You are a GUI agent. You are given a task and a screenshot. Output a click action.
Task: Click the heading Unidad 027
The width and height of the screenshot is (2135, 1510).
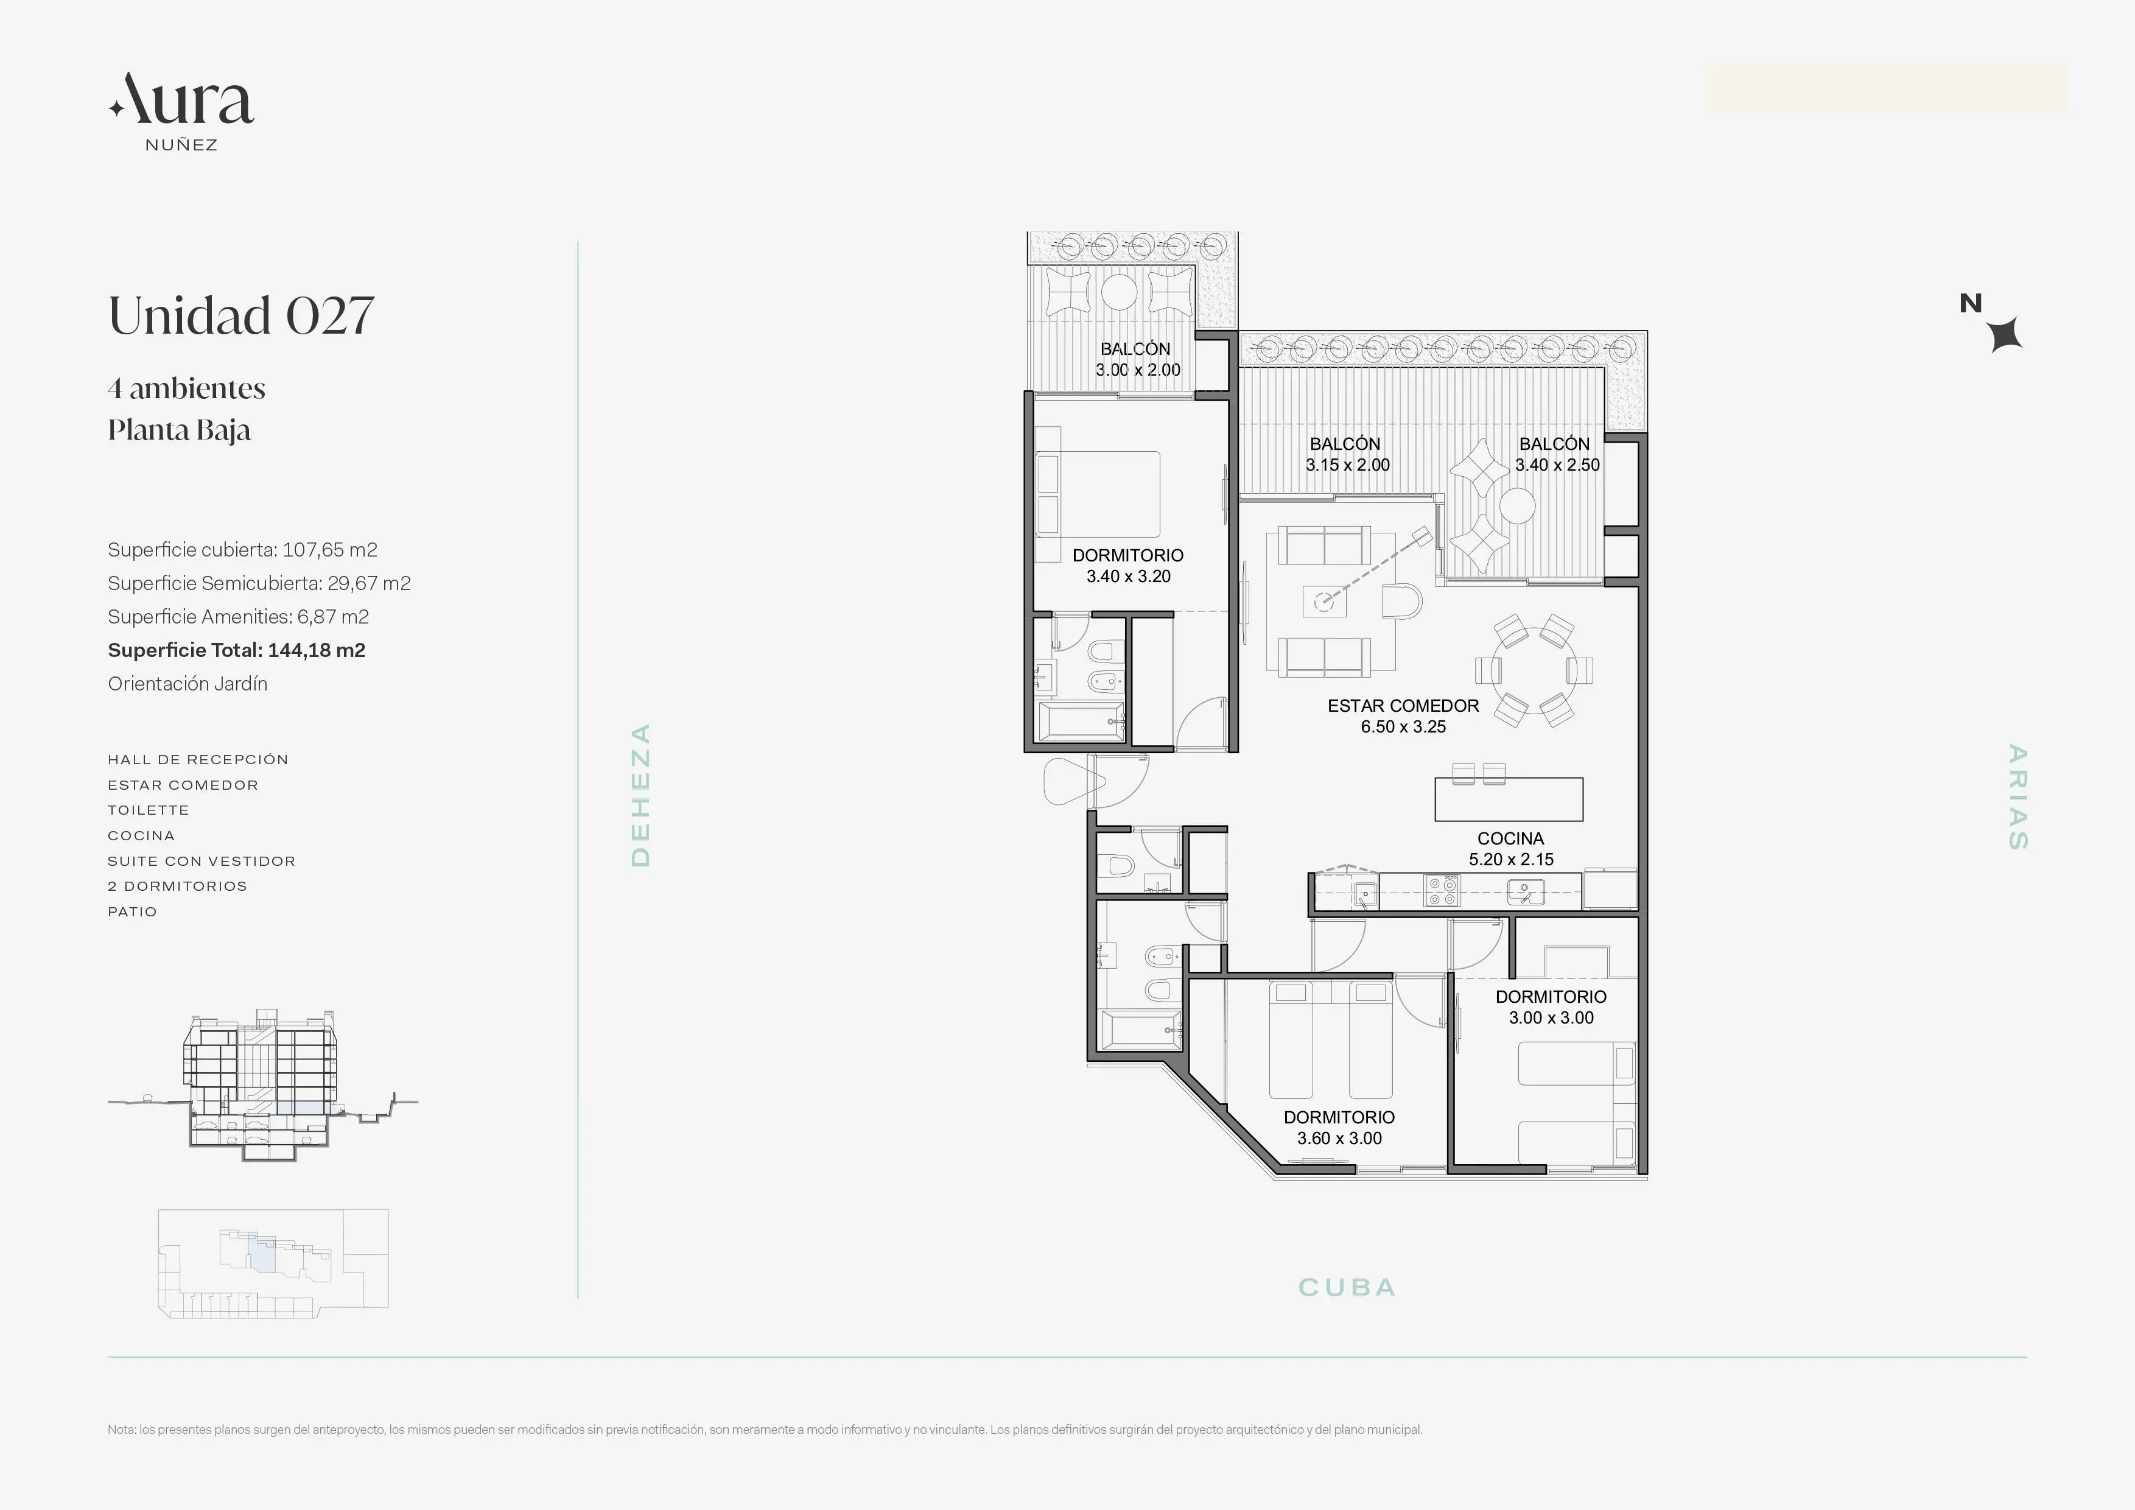(241, 315)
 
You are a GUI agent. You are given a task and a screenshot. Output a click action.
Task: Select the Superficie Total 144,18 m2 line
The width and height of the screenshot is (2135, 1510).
(236, 650)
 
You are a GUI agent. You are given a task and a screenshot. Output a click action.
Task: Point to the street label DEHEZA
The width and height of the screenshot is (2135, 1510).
(640, 795)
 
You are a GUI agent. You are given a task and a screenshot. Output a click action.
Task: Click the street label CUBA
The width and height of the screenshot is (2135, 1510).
(1347, 1288)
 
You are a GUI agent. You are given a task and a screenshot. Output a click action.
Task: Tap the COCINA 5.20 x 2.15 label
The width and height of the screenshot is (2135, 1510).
(1511, 849)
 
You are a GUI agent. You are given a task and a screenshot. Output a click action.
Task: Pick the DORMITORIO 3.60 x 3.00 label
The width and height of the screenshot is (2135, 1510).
(1339, 1128)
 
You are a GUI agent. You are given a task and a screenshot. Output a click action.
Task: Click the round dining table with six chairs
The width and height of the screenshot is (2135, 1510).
(1534, 670)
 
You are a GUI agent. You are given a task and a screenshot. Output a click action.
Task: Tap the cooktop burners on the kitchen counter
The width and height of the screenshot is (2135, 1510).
(1442, 891)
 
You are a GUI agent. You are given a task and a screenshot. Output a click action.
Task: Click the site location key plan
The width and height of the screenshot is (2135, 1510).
(273, 1263)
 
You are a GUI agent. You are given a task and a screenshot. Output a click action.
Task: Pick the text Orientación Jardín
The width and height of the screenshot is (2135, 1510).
(188, 683)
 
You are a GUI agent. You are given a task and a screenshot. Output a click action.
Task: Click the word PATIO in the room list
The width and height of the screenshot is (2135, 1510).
(132, 912)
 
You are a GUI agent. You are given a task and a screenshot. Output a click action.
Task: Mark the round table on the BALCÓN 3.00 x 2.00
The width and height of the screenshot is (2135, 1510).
(1120, 293)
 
